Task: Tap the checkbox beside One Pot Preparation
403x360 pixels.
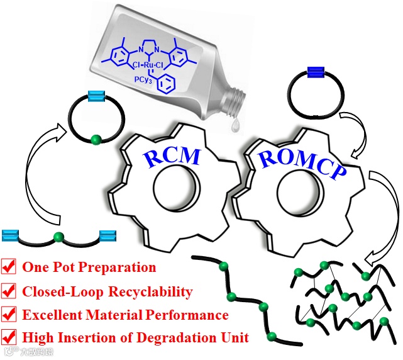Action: (x=10, y=267)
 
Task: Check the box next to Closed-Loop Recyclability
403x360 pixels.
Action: (x=10, y=291)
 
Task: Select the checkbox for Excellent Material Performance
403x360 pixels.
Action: (x=10, y=314)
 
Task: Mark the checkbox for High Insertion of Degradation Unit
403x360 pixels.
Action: (x=10, y=337)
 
